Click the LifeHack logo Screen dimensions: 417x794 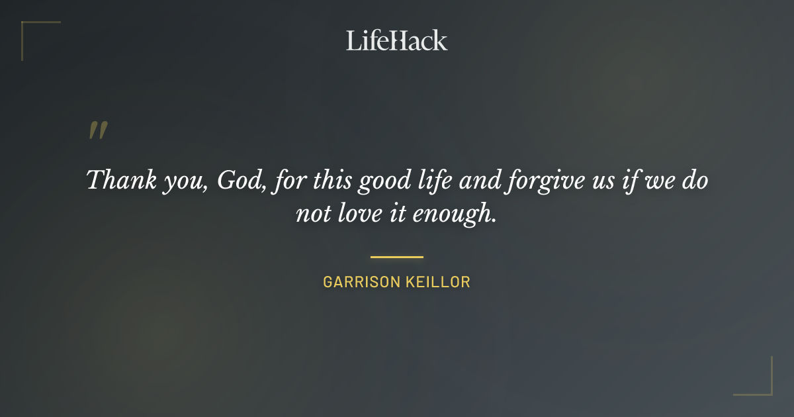(x=397, y=40)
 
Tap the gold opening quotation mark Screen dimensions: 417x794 (x=97, y=130)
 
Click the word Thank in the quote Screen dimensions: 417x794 (x=113, y=180)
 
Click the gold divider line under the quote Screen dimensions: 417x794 (x=397, y=257)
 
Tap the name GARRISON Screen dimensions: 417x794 (x=360, y=282)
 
